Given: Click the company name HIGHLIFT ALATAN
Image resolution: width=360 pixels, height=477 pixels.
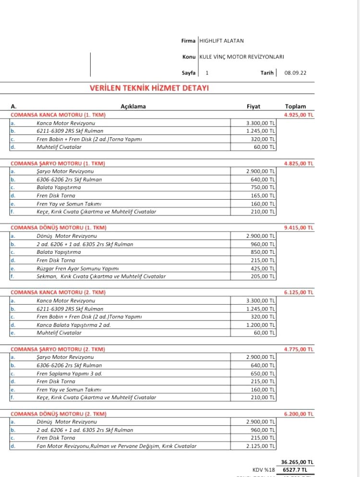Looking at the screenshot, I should pyautogui.click(x=221, y=41).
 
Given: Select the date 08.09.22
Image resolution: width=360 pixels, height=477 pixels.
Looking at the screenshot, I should pyautogui.click(x=295, y=73).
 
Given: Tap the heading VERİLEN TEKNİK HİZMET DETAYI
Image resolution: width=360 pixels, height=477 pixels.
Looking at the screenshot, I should pyautogui.click(x=149, y=88).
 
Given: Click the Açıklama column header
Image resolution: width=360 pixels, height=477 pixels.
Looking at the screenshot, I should pyautogui.click(x=133, y=107).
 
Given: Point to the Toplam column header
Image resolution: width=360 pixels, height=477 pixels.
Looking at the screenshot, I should pyautogui.click(x=295, y=107).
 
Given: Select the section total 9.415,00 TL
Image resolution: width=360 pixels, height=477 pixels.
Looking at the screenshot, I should pyautogui.click(x=299, y=227).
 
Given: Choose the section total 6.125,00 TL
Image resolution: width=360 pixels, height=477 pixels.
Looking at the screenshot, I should pyautogui.click(x=299, y=292).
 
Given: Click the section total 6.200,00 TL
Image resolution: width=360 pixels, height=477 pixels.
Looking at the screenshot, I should pyautogui.click(x=299, y=414).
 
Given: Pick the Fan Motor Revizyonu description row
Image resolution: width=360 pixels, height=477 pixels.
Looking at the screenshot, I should pyautogui.click(x=117, y=446).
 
